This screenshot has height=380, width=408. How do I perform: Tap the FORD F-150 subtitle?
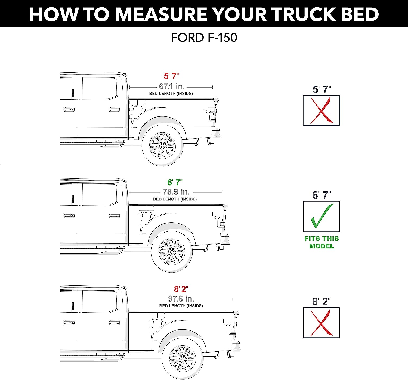tap(204, 38)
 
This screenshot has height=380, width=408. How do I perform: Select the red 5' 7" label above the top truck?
tap(171, 76)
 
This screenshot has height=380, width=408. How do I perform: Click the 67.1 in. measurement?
tap(172, 86)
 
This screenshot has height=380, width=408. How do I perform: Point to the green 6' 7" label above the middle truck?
tap(175, 182)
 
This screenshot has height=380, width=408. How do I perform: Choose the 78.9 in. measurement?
tap(176, 192)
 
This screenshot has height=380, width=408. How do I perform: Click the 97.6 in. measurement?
tap(181, 299)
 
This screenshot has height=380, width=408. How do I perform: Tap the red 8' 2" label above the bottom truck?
tap(181, 289)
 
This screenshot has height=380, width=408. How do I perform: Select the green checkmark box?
tap(321, 217)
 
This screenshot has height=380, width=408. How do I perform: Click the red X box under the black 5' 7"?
tap(322, 110)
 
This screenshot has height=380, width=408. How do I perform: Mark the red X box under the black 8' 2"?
tap(321, 323)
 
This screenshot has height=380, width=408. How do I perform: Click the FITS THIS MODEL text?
tap(322, 242)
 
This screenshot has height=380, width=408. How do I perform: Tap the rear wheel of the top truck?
tap(162, 145)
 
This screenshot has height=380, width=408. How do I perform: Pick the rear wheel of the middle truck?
tap(172, 252)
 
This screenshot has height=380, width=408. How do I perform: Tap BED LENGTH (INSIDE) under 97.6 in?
tap(181, 306)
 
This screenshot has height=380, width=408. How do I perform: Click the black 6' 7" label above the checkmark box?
tap(322, 195)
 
